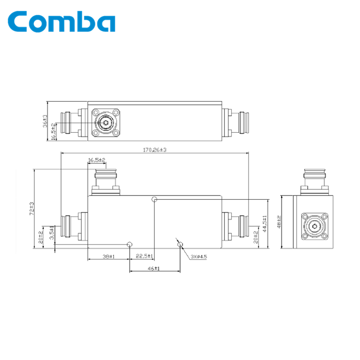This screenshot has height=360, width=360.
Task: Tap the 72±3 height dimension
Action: [32, 208]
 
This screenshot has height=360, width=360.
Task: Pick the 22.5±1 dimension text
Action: [144, 256]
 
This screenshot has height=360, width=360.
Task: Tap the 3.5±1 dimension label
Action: [52, 234]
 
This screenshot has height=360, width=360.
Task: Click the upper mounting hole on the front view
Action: [154, 199]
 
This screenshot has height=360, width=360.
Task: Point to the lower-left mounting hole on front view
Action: [130, 244]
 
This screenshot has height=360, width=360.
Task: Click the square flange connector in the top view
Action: [107, 122]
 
